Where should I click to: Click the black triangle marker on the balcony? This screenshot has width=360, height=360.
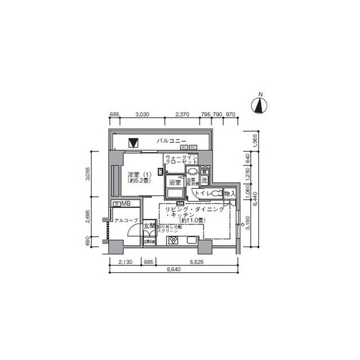[133, 143]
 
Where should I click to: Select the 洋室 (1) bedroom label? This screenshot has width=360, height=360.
[138, 174]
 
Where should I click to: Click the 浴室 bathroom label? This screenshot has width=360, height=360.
[174, 182]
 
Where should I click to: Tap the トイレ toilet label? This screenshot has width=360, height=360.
[202, 193]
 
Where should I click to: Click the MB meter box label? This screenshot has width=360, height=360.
[125, 205]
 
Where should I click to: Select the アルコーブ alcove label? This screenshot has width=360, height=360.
[123, 222]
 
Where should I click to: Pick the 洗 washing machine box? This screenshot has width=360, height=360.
[205, 179]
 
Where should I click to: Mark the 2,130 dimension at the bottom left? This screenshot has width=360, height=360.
[125, 262]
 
